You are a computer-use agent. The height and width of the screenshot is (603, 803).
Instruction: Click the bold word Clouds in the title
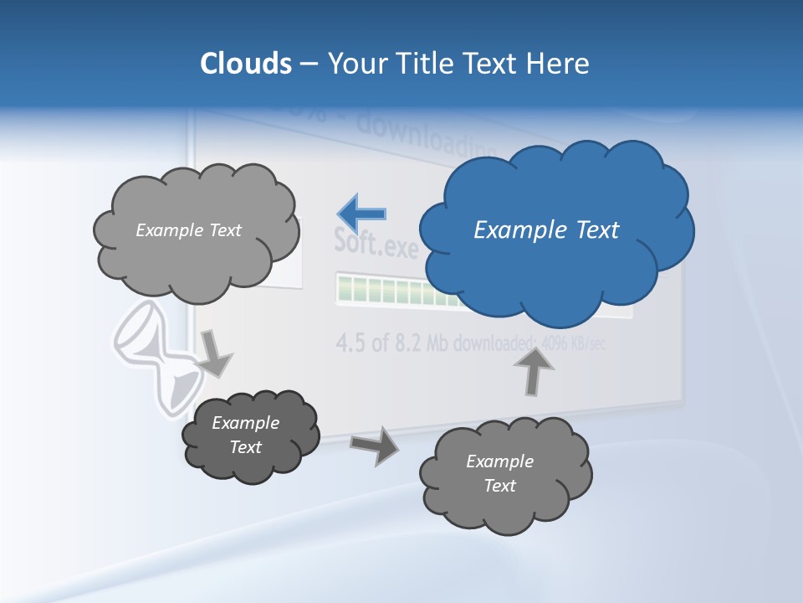[x=246, y=64]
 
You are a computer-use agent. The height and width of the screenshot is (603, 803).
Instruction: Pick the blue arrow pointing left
[x=362, y=214]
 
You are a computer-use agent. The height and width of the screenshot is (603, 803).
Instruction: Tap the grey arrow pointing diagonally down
[x=215, y=353]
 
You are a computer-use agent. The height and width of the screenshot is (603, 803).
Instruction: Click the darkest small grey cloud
[x=251, y=435]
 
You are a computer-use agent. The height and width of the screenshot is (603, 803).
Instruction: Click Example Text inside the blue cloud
[x=546, y=230]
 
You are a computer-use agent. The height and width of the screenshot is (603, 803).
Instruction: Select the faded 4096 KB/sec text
[x=573, y=344]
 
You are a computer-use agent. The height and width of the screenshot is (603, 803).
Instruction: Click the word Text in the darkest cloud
[x=246, y=447]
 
